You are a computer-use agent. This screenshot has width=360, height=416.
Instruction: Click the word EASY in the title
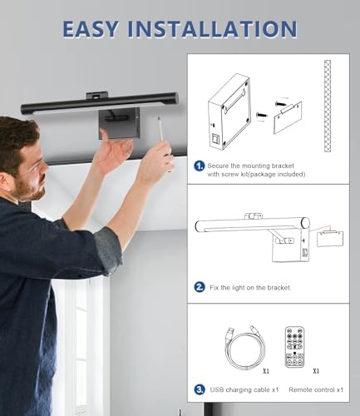click(90, 29)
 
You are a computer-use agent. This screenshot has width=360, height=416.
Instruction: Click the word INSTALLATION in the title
click(212, 29)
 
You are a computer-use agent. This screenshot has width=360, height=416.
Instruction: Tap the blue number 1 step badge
click(200, 166)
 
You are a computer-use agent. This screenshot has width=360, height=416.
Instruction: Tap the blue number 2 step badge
click(200, 287)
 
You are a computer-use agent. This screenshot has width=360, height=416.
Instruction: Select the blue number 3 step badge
click(200, 389)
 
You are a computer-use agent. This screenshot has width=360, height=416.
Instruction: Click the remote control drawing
click(294, 347)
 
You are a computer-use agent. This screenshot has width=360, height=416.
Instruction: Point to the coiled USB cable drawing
click(245, 348)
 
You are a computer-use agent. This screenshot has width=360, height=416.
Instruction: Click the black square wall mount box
click(120, 123)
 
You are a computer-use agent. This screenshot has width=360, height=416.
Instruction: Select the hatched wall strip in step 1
click(328, 106)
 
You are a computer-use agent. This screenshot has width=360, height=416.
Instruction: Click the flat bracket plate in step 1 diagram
click(288, 118)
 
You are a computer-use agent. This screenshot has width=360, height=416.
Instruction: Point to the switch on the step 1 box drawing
click(215, 139)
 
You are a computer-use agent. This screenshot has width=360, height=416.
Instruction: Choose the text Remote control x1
click(316, 389)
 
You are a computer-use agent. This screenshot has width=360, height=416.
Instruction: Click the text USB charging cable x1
click(244, 389)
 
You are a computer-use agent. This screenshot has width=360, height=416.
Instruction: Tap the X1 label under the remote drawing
click(316, 371)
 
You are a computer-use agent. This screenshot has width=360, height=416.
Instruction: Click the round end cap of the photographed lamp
click(175, 98)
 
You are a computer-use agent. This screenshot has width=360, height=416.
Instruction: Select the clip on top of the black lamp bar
click(96, 96)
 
